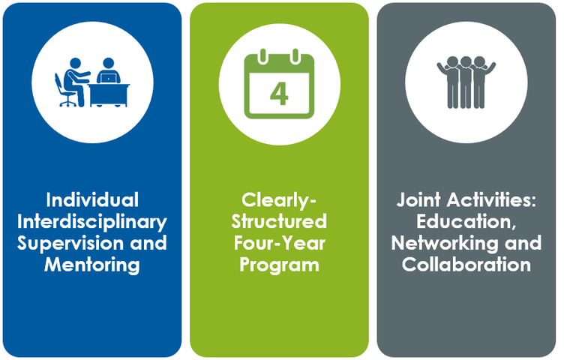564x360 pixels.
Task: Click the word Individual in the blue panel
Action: (92, 200)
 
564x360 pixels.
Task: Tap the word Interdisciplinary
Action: (92, 222)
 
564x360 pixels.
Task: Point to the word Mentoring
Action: (92, 265)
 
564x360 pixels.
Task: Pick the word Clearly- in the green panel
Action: (279, 200)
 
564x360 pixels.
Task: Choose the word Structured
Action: (279, 222)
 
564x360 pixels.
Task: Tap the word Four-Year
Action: (279, 243)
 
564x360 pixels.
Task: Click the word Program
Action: (279, 265)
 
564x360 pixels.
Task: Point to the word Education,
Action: (466, 222)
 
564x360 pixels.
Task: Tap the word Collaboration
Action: (466, 265)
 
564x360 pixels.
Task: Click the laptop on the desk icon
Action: (109, 78)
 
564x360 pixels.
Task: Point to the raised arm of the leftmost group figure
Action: (442, 69)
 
